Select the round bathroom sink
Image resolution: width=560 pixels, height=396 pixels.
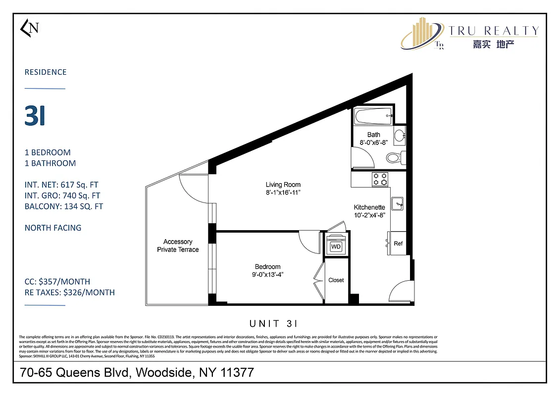click(x=399, y=135)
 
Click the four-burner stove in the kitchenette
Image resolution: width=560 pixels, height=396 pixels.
click(x=380, y=179)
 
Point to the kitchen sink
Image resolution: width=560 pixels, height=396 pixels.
click(x=398, y=203)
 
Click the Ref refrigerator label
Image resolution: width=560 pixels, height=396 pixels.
click(x=398, y=243)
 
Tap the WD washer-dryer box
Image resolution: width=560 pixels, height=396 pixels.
click(x=336, y=247)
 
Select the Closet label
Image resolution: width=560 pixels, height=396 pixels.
click(x=336, y=280)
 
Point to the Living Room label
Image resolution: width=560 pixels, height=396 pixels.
click(x=283, y=185)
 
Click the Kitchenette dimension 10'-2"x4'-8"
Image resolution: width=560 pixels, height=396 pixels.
click(x=369, y=215)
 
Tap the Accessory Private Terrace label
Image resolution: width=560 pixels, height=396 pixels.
click(x=178, y=246)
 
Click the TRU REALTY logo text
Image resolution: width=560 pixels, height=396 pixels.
click(x=493, y=31)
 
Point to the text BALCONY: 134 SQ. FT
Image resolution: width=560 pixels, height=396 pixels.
click(x=64, y=206)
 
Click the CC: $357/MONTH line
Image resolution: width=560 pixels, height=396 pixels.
click(x=57, y=281)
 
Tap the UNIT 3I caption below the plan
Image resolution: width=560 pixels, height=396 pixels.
click(x=273, y=324)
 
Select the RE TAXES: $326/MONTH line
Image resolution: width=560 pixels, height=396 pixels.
click(x=70, y=292)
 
